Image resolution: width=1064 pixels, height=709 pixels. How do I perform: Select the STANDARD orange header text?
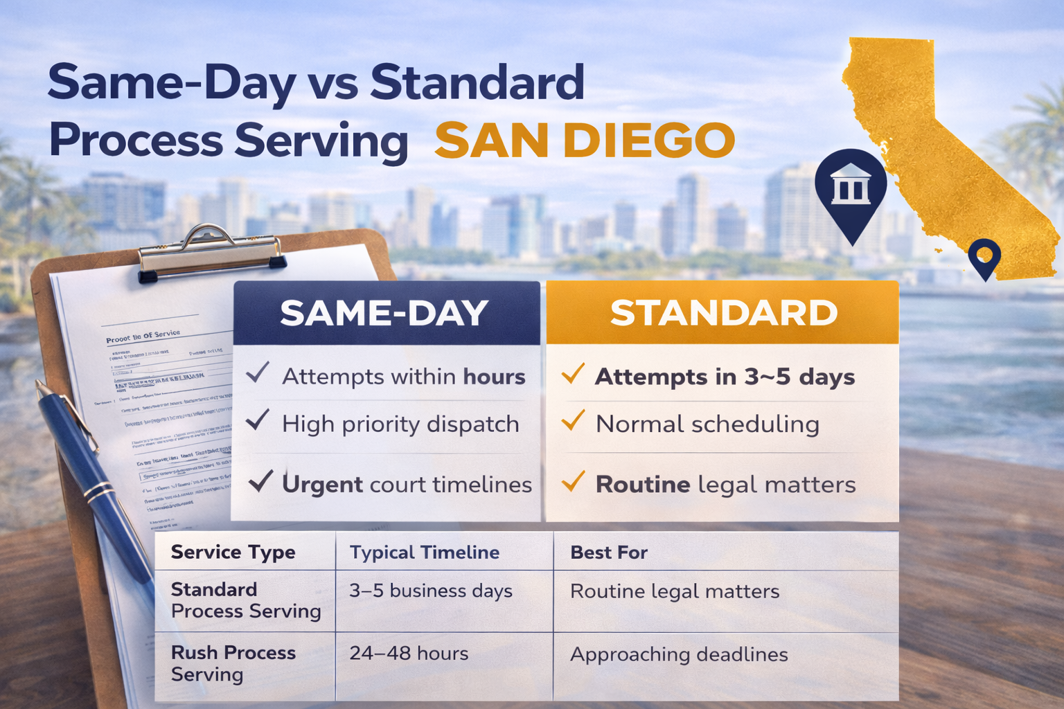tap(723, 313)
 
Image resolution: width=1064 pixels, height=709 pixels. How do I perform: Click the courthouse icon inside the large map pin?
tap(851, 183)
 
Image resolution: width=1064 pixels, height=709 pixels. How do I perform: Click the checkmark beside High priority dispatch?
tap(257, 420)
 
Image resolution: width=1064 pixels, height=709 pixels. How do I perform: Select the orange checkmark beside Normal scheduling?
tap(573, 420)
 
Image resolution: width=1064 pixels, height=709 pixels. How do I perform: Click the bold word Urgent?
tap(322, 485)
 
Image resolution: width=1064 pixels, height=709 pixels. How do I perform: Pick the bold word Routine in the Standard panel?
tap(643, 485)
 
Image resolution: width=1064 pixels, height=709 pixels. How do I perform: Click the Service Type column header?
tap(233, 553)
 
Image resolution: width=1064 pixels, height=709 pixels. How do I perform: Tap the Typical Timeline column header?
tap(424, 553)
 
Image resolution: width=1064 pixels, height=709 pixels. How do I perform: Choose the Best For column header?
tap(608, 553)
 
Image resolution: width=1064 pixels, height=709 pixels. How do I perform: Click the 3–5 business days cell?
tap(430, 591)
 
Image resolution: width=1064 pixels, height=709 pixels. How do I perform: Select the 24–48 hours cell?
tap(409, 654)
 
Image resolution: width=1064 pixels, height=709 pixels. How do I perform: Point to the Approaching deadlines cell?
tap(678, 655)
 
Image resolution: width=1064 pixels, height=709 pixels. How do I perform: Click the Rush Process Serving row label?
tap(233, 663)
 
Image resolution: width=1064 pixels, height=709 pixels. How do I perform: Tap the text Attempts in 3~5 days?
tap(725, 377)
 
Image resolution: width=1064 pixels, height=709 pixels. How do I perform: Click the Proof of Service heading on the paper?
tap(143, 336)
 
